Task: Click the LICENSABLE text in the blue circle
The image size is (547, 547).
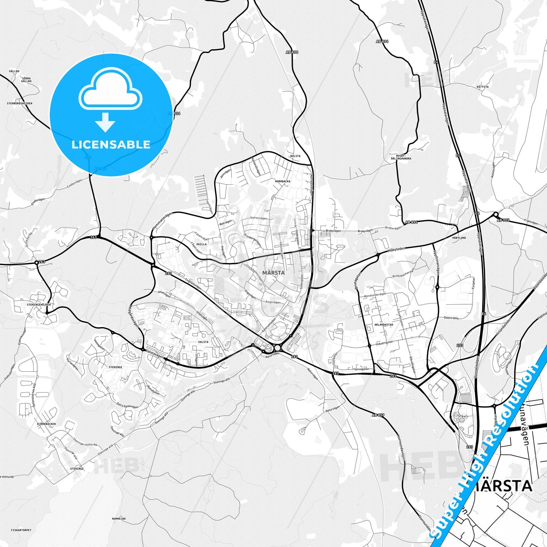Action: [111, 145]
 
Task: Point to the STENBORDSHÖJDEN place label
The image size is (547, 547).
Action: [20, 103]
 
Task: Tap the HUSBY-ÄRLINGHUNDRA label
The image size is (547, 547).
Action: [403, 157]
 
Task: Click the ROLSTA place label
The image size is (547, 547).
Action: [295, 156]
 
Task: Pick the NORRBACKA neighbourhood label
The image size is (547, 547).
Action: [283, 181]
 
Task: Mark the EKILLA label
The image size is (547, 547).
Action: [201, 244]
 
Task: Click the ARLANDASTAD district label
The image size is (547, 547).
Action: [383, 324]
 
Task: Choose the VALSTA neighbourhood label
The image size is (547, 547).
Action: [203, 342]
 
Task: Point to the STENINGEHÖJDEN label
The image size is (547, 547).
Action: [39, 304]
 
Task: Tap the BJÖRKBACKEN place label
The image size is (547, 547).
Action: [46, 424]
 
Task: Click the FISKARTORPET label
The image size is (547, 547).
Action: [21, 530]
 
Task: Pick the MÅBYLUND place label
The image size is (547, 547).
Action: [459, 238]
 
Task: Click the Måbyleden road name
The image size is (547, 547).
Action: [396, 250]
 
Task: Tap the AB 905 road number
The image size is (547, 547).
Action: [503, 220]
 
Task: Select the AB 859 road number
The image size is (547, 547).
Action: [378, 415]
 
